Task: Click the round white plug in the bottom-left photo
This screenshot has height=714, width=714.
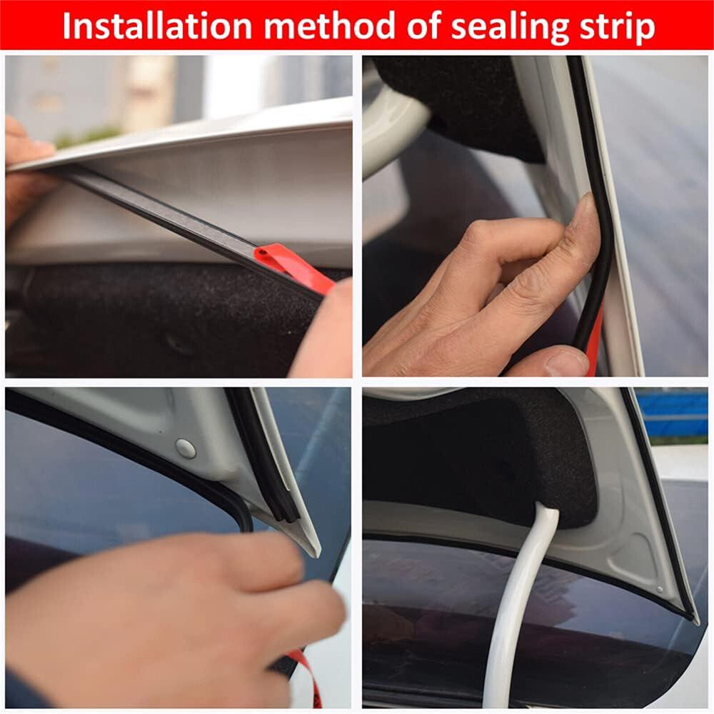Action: click(x=185, y=448)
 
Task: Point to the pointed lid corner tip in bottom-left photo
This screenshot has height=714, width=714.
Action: click(x=314, y=550)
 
